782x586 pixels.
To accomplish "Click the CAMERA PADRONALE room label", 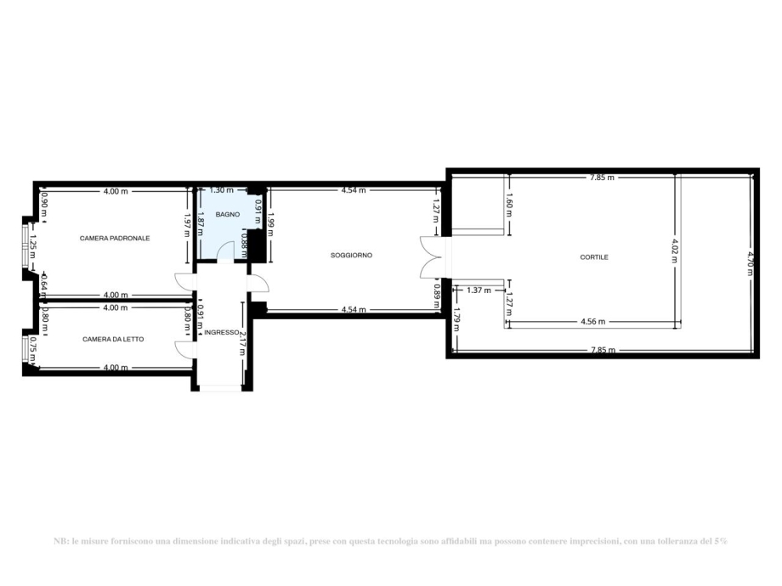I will pyautogui.click(x=115, y=239).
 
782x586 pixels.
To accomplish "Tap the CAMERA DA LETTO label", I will pyautogui.click(x=113, y=339).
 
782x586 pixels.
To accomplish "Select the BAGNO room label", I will pyautogui.click(x=227, y=215).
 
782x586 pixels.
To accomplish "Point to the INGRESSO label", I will pyautogui.click(x=222, y=332).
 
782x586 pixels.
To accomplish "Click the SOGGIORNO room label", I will pyautogui.click(x=352, y=255).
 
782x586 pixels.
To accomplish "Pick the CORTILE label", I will pyautogui.click(x=595, y=256).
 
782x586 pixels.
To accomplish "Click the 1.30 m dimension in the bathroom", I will pyautogui.click(x=221, y=191).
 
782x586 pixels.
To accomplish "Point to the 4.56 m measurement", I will pyautogui.click(x=593, y=322).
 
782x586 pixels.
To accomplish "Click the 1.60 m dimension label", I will pyautogui.click(x=509, y=205).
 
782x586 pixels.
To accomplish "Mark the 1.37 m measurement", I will pyautogui.click(x=480, y=290).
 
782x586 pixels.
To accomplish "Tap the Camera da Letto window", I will pyautogui.click(x=25, y=350).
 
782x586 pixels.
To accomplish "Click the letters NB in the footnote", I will pyautogui.click(x=60, y=541).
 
